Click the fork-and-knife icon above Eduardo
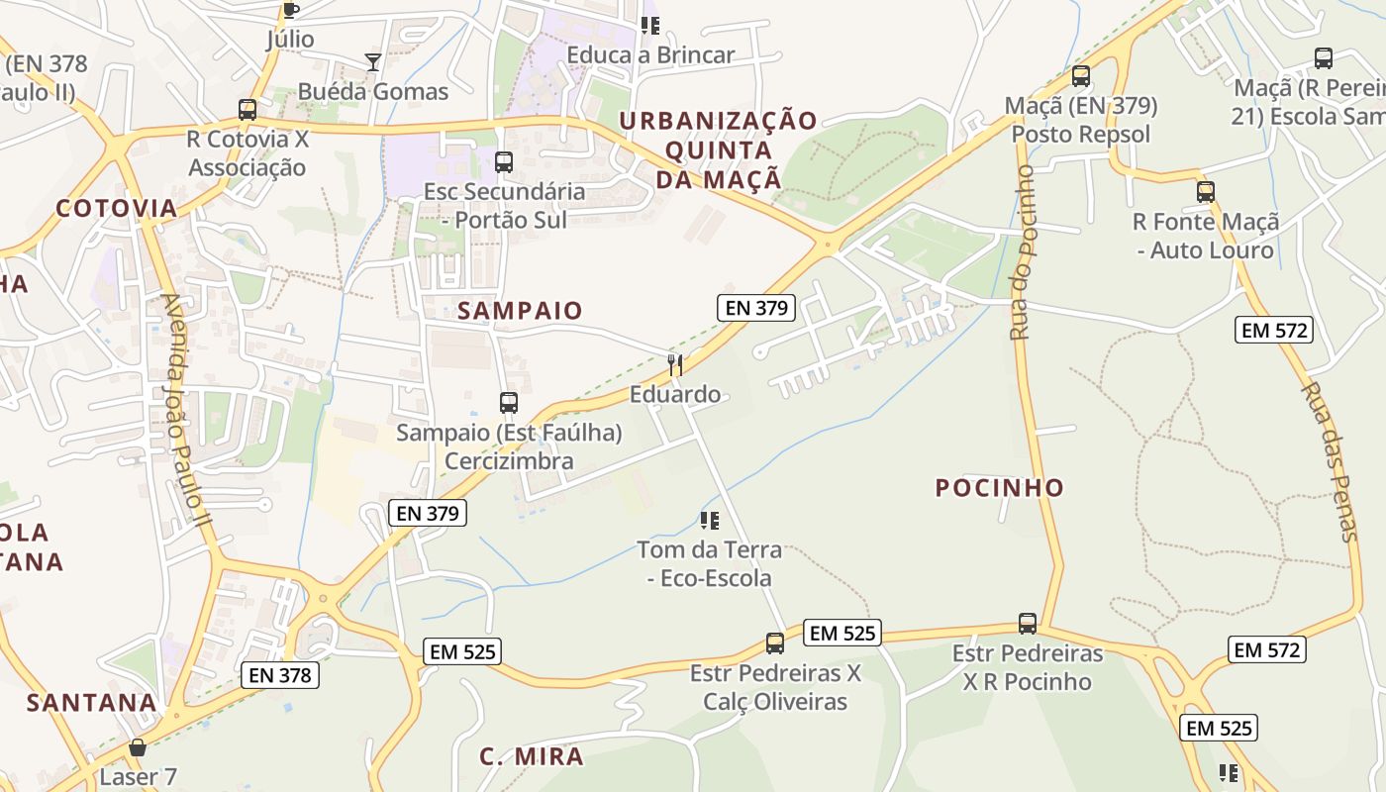point(675,365)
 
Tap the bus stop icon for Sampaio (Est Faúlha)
point(509,403)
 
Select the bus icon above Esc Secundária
point(504,161)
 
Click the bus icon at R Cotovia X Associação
point(247,109)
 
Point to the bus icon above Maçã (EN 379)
point(1081,76)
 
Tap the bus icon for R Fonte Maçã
point(1206,192)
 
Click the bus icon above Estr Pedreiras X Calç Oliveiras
point(775,643)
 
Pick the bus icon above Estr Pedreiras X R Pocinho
point(1028,624)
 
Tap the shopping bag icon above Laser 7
point(138,747)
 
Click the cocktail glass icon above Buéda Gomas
point(372,62)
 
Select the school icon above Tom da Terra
point(709,520)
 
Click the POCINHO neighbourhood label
point(1000,487)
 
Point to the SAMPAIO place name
point(520,311)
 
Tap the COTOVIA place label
point(117,208)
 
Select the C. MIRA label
point(532,757)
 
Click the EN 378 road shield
point(280,676)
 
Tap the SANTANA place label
point(91,703)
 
